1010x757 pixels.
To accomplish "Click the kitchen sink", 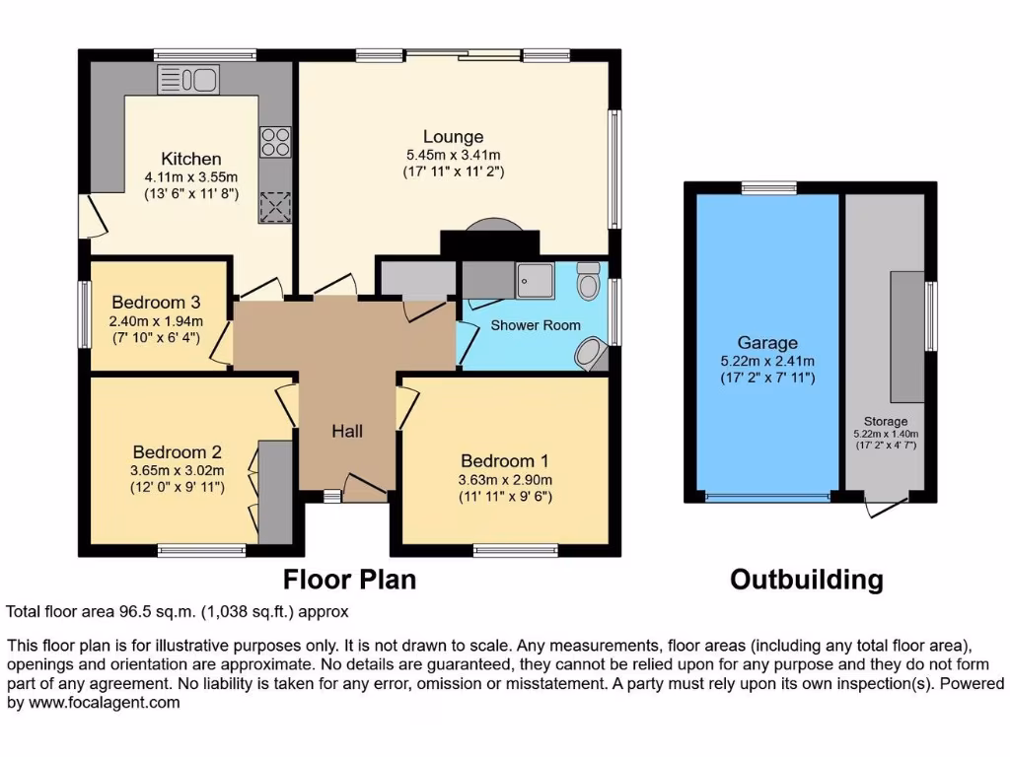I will (187, 80).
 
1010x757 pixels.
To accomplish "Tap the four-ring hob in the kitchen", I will (275, 143).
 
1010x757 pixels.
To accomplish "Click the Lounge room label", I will (453, 137).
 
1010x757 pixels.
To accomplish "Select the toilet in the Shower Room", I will (589, 281).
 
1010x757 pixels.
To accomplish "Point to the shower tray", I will (538, 280).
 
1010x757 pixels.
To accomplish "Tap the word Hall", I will (347, 431).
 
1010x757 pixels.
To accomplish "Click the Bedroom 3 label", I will (156, 303).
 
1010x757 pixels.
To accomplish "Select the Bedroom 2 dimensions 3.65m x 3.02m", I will (177, 470).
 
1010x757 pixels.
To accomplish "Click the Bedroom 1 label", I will (505, 460).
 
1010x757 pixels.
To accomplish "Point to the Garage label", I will (767, 343).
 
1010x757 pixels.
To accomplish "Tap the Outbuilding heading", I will (806, 580).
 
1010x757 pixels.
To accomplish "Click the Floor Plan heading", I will (349, 580).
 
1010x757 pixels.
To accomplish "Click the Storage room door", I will (885, 507).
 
